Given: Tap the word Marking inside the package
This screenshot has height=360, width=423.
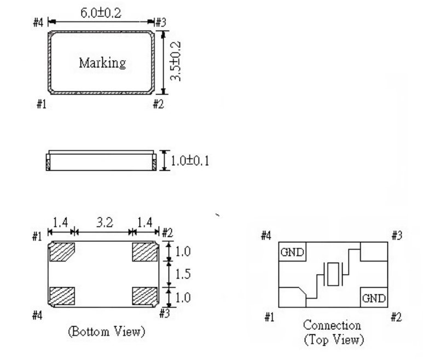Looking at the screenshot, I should point(102,62).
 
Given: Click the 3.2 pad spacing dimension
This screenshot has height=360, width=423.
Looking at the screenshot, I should point(103,223).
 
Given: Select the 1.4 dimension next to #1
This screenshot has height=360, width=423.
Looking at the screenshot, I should point(60,223).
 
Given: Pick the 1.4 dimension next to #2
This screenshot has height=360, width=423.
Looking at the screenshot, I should point(145,223).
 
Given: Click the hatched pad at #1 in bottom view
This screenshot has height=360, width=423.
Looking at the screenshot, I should point(62,252).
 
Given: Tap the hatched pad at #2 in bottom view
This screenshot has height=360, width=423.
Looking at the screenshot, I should point(145,252).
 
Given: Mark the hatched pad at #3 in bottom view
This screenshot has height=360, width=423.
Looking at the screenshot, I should point(145,295).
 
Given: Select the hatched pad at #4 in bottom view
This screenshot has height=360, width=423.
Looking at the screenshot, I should point(62,295).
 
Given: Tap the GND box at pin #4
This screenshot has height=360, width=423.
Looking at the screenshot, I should point(292,253).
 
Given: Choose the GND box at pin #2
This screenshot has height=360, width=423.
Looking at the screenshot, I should point(373,298).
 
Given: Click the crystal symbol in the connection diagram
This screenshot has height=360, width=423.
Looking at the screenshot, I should point(332,274).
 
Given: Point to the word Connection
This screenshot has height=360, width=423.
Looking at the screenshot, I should point(332,326).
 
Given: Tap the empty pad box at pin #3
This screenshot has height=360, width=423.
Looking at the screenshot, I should point(373,253).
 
